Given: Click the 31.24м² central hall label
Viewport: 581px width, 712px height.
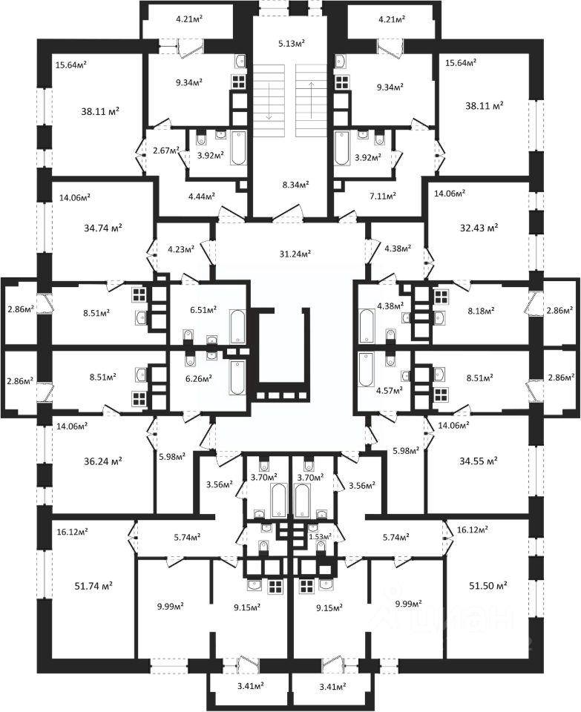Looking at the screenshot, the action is click(x=290, y=254).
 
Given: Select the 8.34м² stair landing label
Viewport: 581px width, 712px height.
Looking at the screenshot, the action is click(x=289, y=184).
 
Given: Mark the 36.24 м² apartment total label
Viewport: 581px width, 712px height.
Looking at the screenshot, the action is click(x=102, y=460).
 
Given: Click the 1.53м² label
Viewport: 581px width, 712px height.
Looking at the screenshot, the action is click(x=321, y=535).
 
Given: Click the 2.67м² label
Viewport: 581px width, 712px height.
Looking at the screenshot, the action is click(x=165, y=151).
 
